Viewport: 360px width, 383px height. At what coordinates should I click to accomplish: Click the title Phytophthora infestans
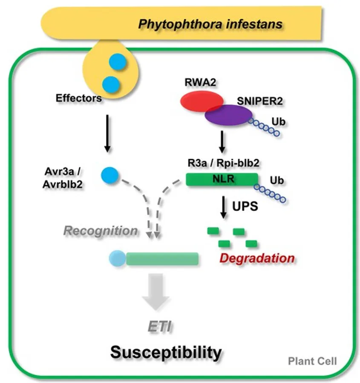210,24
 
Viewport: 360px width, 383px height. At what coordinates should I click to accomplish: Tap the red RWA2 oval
202,101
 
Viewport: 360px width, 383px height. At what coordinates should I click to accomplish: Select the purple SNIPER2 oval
228,115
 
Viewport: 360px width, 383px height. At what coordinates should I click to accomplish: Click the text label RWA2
200,82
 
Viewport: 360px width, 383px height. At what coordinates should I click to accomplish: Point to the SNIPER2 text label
260,101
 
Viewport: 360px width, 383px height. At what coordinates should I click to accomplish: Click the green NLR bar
222,179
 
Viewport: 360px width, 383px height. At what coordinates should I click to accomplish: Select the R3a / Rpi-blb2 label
223,163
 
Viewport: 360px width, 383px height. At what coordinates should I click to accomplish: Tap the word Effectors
79,98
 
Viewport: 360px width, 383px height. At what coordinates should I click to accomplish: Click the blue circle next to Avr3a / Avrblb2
110,175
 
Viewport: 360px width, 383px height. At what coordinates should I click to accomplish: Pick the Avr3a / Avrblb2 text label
63,178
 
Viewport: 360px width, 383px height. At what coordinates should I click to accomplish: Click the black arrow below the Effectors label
107,133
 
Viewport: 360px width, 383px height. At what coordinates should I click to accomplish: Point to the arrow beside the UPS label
223,207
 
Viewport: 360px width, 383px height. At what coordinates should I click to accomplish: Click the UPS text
245,206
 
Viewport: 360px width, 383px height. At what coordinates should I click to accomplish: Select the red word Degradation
257,258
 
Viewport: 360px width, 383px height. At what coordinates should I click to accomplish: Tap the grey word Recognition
101,231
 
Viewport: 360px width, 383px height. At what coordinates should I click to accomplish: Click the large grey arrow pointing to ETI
156,292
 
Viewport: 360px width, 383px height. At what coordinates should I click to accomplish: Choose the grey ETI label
160,326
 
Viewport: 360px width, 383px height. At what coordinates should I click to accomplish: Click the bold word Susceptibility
166,352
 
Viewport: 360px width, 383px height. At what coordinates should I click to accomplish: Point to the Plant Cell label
312,361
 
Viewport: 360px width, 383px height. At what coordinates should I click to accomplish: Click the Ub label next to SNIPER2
278,121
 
